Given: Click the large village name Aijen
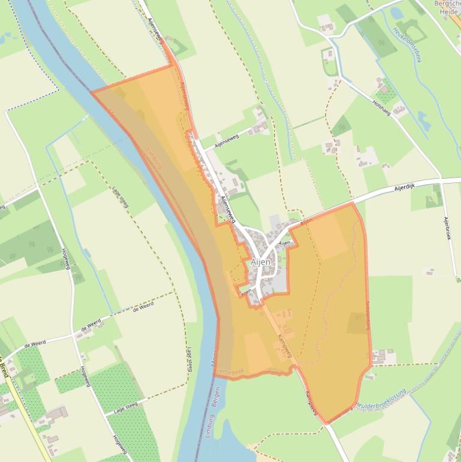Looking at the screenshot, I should pos(261,263).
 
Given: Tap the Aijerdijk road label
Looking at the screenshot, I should pos(405,187).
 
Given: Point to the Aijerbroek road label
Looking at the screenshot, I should pos(447,229).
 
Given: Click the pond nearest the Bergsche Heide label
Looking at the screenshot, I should pos(397,12).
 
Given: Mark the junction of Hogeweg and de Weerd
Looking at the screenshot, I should pos(75,334).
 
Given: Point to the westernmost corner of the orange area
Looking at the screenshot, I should pos(92,92).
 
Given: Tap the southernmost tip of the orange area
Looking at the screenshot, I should pos(327,424).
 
